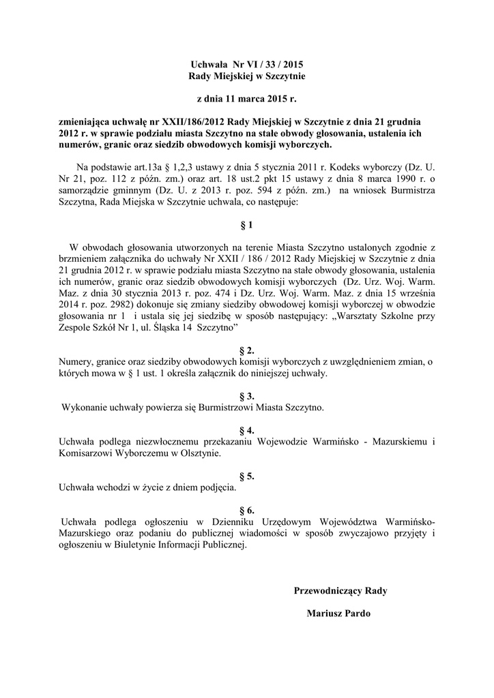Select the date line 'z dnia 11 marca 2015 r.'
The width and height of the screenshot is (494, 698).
(247, 100)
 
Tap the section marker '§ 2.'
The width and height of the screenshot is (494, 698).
(247, 350)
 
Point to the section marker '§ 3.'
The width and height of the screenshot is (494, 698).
(247, 396)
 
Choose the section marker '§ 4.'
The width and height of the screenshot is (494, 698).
(247, 430)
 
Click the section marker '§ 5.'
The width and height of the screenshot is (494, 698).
(247, 476)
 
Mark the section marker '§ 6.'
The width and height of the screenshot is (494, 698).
(247, 510)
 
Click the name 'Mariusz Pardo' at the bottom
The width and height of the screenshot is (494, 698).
(338, 613)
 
